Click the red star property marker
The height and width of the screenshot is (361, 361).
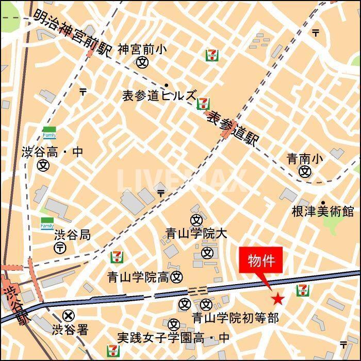pos(278,298)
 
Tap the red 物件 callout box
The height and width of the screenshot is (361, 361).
pos(261,261)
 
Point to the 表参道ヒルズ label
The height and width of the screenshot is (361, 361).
pos(159,96)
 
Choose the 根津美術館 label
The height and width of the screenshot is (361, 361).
pos(323,211)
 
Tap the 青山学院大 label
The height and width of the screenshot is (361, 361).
pos(196,234)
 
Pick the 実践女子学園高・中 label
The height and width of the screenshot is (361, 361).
pos(173,338)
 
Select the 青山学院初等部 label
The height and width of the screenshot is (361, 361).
pos(235,318)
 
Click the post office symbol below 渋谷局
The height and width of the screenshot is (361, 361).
pos(60,248)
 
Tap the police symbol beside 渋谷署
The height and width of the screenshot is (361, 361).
pos(68,315)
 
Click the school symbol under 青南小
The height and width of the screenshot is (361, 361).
pos(306,171)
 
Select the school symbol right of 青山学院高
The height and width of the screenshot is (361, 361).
pos(177,277)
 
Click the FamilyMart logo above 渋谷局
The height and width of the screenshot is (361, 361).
pos(47,224)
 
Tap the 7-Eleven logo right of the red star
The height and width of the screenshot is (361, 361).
pos(303,291)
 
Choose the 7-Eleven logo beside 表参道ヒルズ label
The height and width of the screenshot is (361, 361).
pos(203,103)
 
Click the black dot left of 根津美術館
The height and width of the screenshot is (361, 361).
pos(323,203)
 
